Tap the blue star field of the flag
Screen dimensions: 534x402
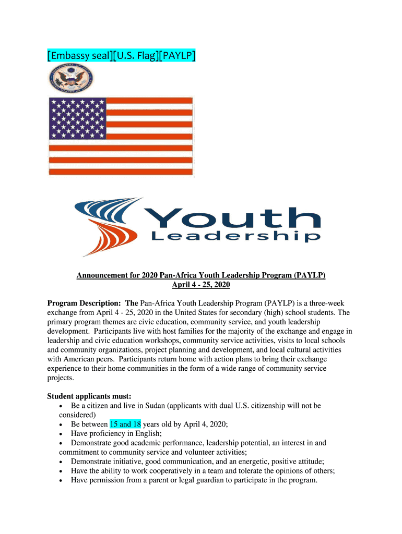[78, 118]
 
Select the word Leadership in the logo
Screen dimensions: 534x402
[235, 237]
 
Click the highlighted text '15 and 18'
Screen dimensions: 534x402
[125, 424]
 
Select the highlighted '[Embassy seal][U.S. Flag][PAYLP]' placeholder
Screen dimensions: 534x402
[122, 55]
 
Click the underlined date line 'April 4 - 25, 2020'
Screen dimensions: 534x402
[201, 285]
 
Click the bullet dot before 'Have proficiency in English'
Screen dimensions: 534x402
[63, 434]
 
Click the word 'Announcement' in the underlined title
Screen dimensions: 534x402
[101, 275]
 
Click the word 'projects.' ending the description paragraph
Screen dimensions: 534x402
[61, 378]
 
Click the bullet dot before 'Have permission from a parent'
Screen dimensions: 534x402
[63, 481]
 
